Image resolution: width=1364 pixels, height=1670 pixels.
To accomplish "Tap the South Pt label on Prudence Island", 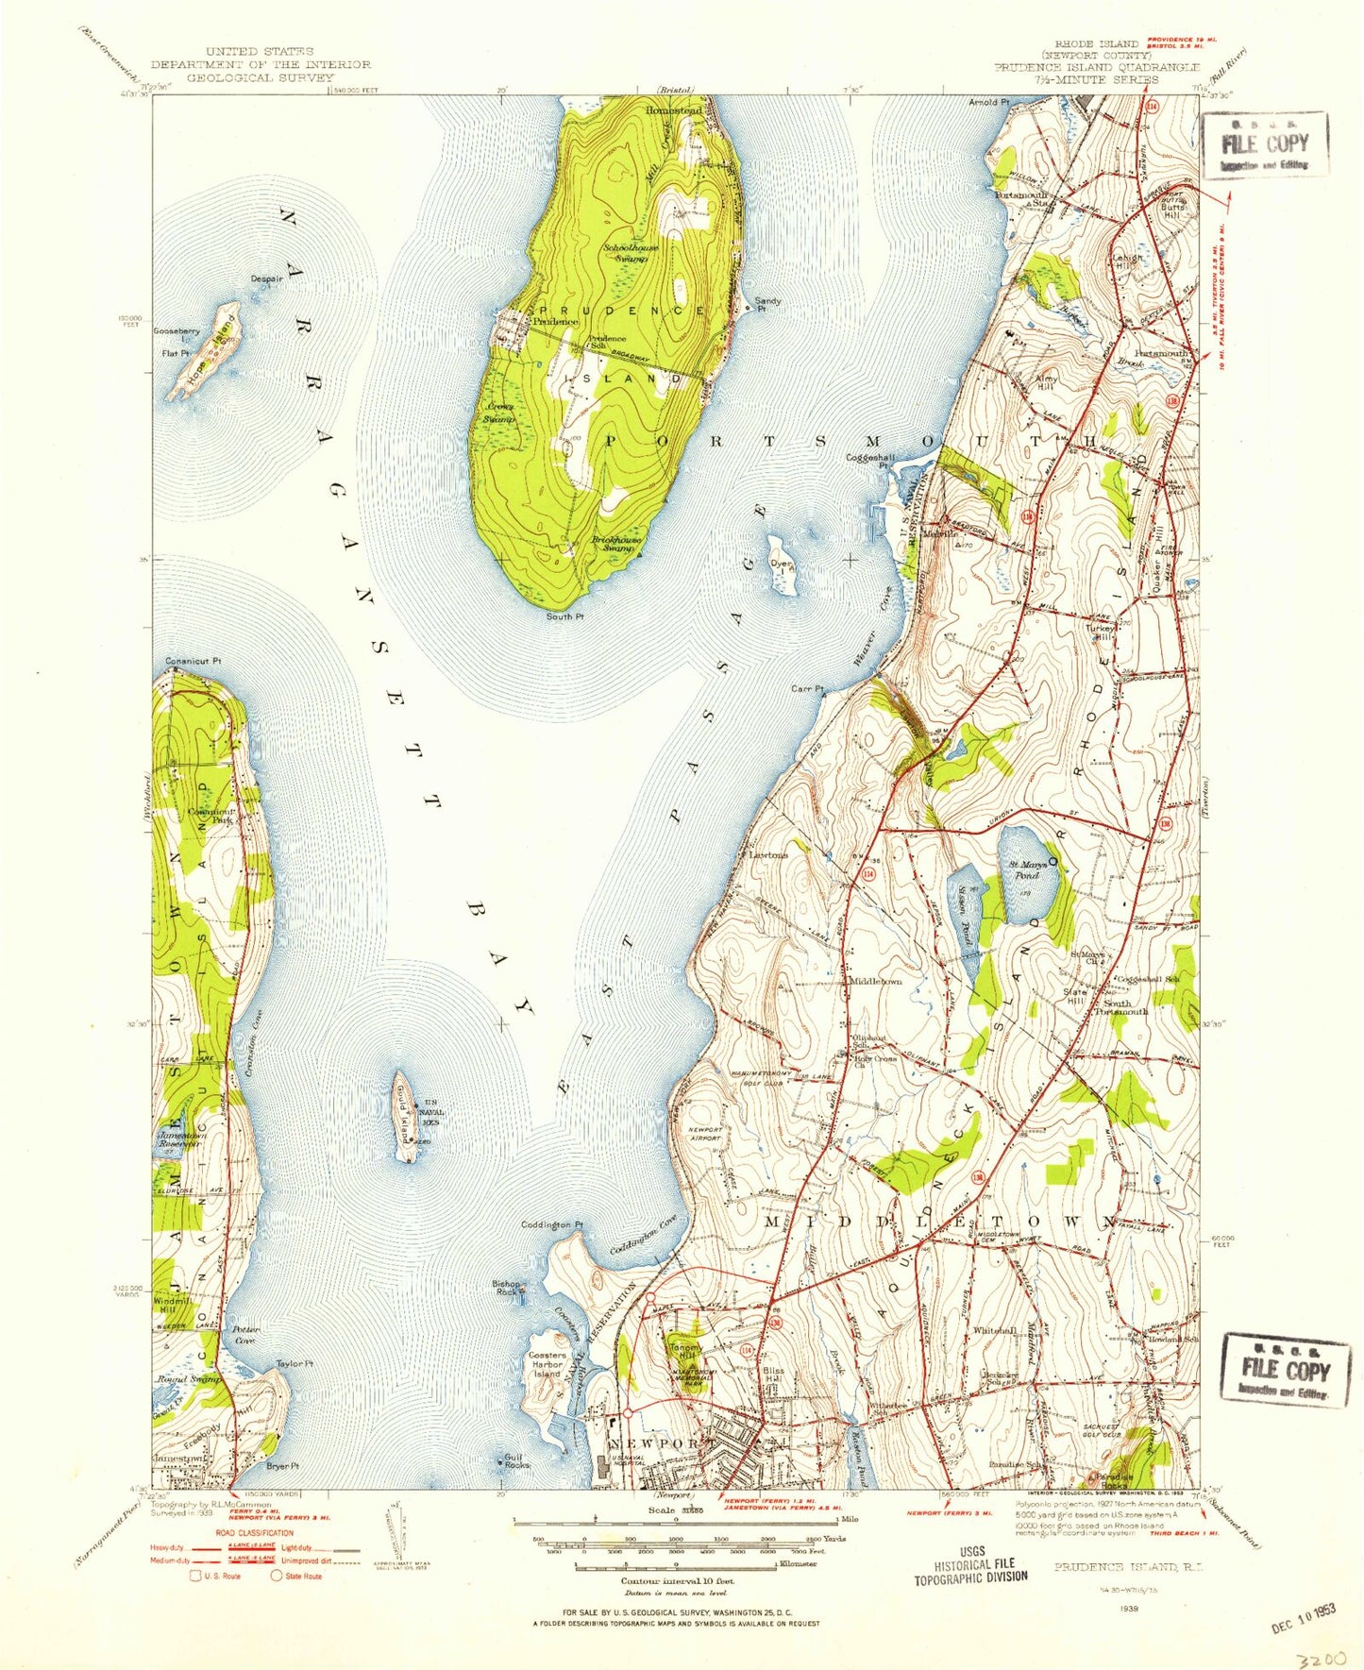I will [565, 616].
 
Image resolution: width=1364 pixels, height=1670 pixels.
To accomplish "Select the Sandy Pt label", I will [767, 304].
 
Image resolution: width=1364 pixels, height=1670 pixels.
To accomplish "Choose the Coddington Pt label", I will [551, 1224].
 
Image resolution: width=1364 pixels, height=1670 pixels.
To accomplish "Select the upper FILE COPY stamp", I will [1265, 145].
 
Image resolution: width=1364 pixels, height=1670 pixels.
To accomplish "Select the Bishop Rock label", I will [508, 1287].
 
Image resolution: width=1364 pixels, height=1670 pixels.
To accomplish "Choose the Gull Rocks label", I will [516, 1460].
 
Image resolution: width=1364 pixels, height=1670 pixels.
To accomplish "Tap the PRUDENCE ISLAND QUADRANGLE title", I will [1096, 68].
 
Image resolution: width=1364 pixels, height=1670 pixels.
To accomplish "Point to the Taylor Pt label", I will [294, 1363].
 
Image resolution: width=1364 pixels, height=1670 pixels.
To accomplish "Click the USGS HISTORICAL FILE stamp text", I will [969, 1570].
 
